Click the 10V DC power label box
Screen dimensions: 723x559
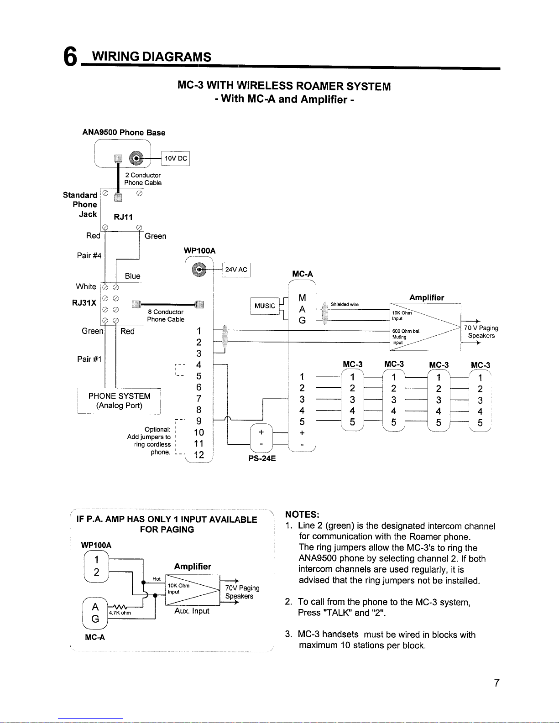tap(176, 159)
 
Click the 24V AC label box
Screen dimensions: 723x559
tap(236, 270)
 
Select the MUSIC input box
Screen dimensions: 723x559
tap(265, 306)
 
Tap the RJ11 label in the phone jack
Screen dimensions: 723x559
tap(123, 217)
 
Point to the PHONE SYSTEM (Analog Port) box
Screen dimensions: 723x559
tap(119, 401)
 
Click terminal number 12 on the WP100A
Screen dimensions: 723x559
tap(199, 455)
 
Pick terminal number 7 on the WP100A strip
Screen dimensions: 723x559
tap(199, 398)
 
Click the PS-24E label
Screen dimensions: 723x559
tap(262, 458)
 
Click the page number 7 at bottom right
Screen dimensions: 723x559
tap(496, 683)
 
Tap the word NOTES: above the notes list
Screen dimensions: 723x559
tap(302, 515)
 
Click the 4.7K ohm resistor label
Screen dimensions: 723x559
tap(120, 613)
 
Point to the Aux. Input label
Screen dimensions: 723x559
tap(192, 611)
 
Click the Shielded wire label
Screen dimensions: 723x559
tap(345, 304)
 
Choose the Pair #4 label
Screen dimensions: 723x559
tap(89, 255)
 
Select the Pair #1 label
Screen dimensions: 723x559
tap(89, 359)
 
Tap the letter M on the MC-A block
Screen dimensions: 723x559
tap(302, 298)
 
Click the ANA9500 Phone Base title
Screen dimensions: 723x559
tap(124, 133)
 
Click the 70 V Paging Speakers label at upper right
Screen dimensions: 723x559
tap(481, 332)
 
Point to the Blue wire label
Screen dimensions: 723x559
tap(132, 276)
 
